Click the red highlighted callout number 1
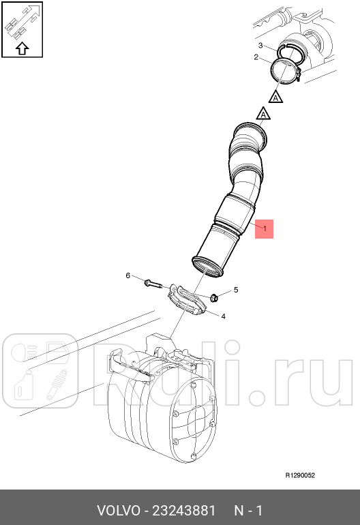[x=265, y=228]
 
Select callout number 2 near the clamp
[x=256, y=57]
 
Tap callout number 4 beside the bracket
[x=223, y=316]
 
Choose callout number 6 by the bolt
[x=127, y=275]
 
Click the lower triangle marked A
[x=262, y=114]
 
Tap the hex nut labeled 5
[x=213, y=297]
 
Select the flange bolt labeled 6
[x=152, y=281]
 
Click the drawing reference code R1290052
[x=299, y=476]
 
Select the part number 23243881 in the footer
[x=183, y=511]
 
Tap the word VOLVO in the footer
[x=118, y=511]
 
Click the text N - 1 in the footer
[x=248, y=511]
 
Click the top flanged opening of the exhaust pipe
[x=249, y=130]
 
